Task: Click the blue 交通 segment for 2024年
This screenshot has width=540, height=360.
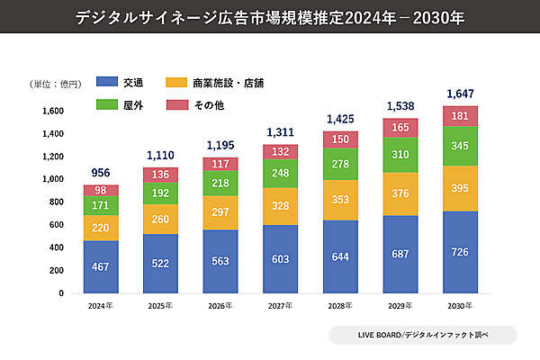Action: point(101,266)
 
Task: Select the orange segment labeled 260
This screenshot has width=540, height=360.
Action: point(161,219)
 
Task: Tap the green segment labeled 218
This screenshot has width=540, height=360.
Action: point(220,182)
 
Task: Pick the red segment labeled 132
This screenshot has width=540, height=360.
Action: point(281,151)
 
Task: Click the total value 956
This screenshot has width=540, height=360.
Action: point(101,174)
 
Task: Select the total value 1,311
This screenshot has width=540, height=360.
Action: point(281,133)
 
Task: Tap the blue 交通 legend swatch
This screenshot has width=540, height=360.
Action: point(108,83)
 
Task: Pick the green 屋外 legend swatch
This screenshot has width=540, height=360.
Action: point(108,105)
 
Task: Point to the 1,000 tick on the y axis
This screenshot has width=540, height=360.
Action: point(52,179)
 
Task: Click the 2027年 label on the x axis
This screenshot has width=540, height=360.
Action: point(281,306)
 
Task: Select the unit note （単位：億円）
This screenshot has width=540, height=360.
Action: point(54,83)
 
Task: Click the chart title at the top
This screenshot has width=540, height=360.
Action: point(270,17)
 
